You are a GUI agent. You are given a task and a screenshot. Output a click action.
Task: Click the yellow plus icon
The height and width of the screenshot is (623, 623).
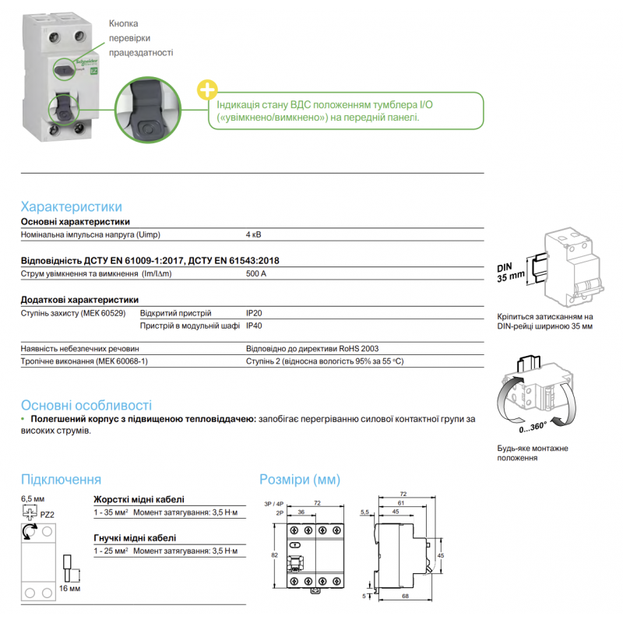pyautogui.click(x=208, y=88)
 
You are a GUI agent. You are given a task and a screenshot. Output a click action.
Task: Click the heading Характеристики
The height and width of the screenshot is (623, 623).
pyautogui.click(x=71, y=206)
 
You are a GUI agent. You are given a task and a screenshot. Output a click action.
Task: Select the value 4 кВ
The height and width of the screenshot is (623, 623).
pyautogui.click(x=254, y=234)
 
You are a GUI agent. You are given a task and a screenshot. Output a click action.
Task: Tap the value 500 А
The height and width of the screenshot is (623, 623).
pyautogui.click(x=256, y=274)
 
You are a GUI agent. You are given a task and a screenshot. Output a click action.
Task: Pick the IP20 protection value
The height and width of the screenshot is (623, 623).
pyautogui.click(x=255, y=313)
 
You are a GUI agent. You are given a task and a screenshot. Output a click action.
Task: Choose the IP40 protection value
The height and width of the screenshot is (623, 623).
pyautogui.click(x=255, y=326)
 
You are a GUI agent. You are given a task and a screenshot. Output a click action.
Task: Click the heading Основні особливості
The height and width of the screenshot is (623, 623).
pyautogui.click(x=86, y=406)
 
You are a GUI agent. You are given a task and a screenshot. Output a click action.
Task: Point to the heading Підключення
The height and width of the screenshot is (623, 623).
pyautogui.click(x=61, y=479)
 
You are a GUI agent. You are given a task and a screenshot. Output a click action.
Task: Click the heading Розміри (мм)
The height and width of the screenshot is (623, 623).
pyautogui.click(x=300, y=479)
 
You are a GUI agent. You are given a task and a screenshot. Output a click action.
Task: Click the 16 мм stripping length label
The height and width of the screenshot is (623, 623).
pyautogui.click(x=70, y=588)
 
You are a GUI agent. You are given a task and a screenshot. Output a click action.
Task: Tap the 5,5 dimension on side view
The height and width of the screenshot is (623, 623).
pyautogui.click(x=366, y=512)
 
